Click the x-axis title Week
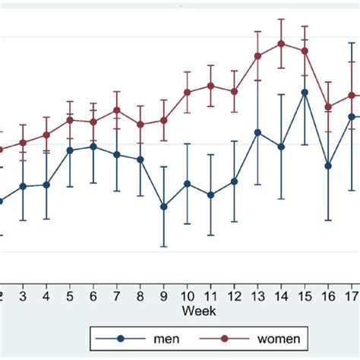[198, 311]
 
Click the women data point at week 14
[281, 43]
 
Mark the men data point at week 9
[163, 206]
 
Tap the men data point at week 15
[305, 93]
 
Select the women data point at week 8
[140, 124]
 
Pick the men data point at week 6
[93, 147]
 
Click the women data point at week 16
[328, 107]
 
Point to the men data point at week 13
[257, 132]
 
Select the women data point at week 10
[187, 92]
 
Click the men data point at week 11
[210, 195]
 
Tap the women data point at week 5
[70, 119]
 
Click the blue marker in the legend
[120, 338]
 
